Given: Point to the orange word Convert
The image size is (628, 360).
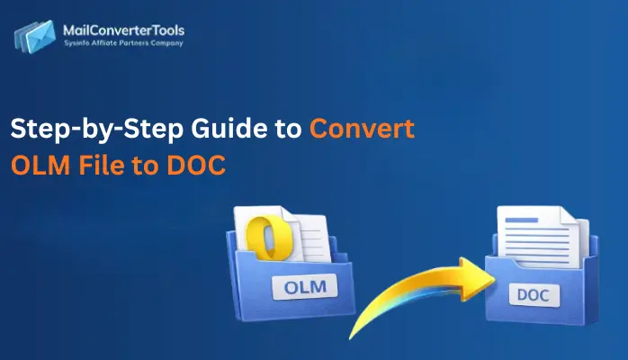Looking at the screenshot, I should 362,130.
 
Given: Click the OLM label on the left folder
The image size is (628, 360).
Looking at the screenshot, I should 301,288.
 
